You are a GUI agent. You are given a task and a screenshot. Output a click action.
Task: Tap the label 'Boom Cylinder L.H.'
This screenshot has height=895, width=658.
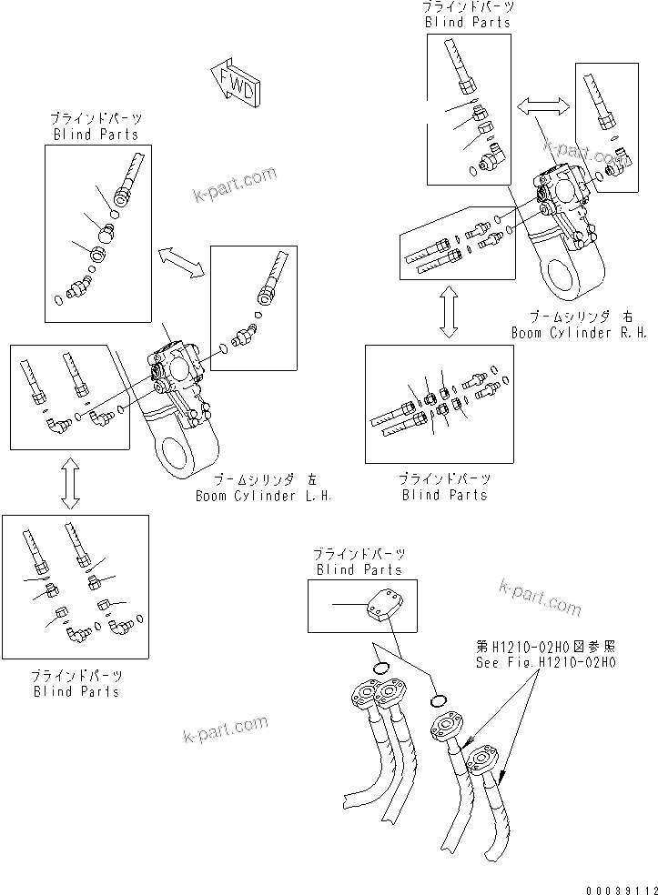[x=263, y=497]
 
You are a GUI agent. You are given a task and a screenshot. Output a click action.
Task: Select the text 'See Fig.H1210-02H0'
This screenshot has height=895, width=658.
[x=546, y=663]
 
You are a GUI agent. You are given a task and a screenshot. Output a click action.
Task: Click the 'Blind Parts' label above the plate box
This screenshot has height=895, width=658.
[x=359, y=569]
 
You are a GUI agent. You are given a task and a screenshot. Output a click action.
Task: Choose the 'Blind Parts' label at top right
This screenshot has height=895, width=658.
[x=468, y=22]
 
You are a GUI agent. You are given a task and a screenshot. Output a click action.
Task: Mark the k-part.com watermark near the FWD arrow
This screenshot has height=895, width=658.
[x=234, y=185]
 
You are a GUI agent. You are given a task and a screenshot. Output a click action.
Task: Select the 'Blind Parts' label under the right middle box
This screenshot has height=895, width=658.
[x=444, y=495]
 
